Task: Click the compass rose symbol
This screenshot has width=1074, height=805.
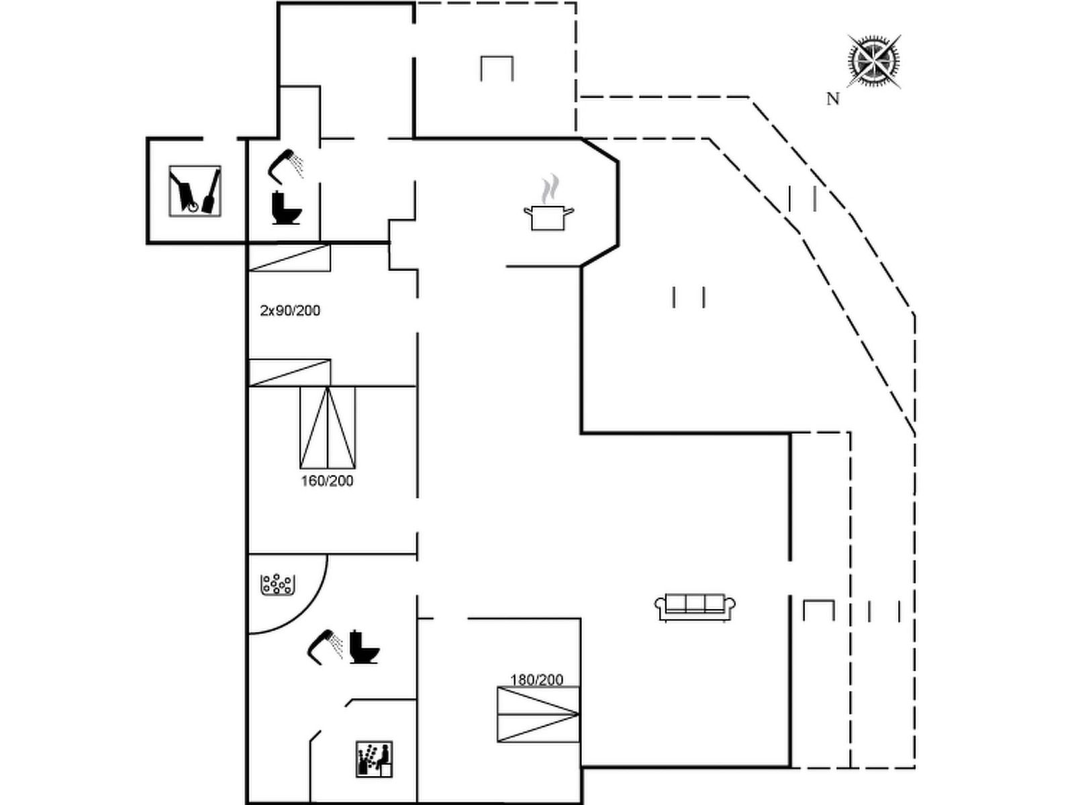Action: click(x=873, y=61)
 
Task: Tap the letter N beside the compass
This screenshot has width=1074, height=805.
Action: click(x=833, y=99)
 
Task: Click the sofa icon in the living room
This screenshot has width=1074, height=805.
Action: click(x=695, y=607)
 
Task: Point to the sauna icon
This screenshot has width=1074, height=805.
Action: click(x=374, y=759)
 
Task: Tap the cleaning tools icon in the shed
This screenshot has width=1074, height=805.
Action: click(x=195, y=191)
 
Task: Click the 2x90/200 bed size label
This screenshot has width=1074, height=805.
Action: click(x=290, y=311)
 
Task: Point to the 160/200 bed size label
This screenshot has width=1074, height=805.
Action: click(x=327, y=481)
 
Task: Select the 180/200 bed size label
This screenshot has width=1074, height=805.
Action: click(x=536, y=680)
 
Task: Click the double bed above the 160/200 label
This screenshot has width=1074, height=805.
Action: click(x=328, y=427)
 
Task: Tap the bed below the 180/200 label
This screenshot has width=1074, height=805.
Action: click(x=538, y=714)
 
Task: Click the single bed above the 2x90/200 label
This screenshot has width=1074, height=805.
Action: click(x=290, y=258)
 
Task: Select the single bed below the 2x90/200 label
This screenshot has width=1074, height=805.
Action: click(x=290, y=372)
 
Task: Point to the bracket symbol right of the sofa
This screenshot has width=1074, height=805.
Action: click(x=819, y=610)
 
